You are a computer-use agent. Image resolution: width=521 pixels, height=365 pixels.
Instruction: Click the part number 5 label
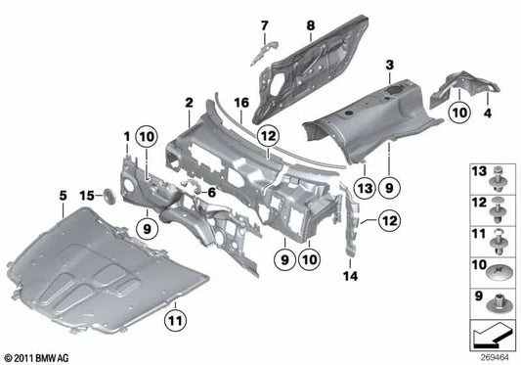click(x=64, y=195)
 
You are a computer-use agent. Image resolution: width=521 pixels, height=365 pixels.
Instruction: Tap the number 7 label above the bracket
click(x=263, y=23)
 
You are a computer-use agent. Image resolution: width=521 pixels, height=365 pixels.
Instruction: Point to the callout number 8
click(x=310, y=23)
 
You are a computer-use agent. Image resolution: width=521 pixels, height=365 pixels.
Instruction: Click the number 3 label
click(x=389, y=65)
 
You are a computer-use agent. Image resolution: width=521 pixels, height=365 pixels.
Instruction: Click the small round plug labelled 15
click(x=110, y=198)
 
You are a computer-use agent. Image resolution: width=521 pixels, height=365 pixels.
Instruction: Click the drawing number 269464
click(x=495, y=355)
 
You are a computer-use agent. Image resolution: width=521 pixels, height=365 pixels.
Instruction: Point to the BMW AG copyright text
click(x=36, y=355)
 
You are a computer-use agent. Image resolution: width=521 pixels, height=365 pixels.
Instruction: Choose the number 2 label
click(x=189, y=102)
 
